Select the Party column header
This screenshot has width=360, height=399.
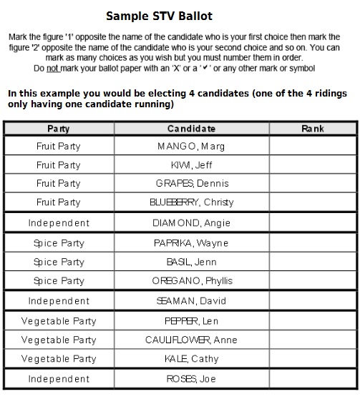point(59,129)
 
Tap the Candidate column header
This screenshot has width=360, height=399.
point(191,129)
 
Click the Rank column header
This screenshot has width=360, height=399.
point(313,129)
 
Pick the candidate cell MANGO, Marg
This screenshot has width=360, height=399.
point(191,146)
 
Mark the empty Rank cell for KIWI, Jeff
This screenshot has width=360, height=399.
point(313,164)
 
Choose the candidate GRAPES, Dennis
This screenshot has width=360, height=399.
point(191,183)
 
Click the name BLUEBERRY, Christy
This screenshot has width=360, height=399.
point(191,202)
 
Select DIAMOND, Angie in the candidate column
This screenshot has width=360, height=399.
point(191,223)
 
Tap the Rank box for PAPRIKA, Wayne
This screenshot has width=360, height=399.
point(313,243)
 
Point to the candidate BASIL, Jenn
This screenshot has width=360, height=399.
point(191,262)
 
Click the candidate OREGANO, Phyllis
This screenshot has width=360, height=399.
point(191,281)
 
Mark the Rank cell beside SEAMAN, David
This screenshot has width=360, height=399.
point(313,301)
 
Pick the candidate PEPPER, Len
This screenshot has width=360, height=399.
point(191,321)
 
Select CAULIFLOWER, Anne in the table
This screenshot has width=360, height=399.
point(191,340)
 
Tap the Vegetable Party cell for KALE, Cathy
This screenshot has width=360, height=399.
point(59,359)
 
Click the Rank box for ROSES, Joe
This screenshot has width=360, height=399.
point(313,379)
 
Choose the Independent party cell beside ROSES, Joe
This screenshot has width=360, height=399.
point(59,379)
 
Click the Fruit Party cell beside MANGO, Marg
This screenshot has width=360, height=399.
point(59,146)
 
